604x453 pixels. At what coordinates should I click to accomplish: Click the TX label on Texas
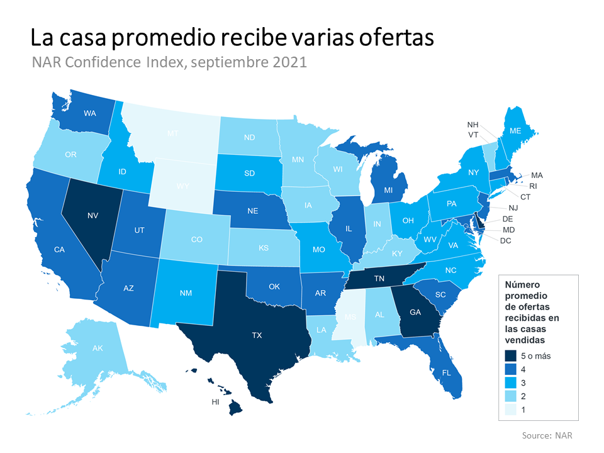[x=257, y=335]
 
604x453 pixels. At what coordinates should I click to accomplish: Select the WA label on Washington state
[x=89, y=114]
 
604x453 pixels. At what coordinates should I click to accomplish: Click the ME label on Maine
[x=515, y=131]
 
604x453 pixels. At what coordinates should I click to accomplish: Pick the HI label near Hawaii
[x=215, y=401]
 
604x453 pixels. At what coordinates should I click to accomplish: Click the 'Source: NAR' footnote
[x=547, y=435]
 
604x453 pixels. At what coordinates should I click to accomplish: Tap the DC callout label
[x=505, y=240]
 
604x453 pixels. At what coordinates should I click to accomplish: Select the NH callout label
[x=473, y=124]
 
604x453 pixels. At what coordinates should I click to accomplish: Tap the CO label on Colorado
[x=196, y=239]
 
